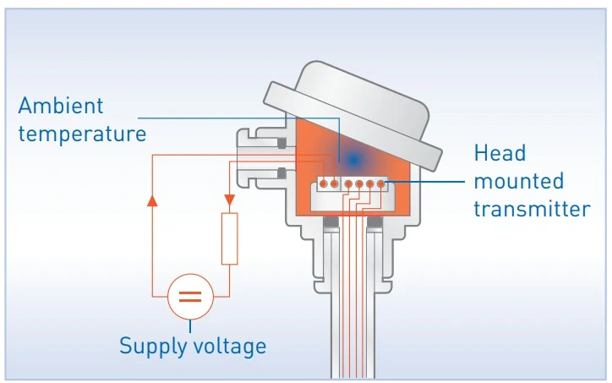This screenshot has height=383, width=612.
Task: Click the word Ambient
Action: pyautogui.click(x=61, y=107)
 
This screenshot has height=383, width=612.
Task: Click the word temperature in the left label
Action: pyautogui.click(x=82, y=134)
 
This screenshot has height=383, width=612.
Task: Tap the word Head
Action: pyautogui.click(x=500, y=153)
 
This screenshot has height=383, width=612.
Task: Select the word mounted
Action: pyautogui.click(x=518, y=181)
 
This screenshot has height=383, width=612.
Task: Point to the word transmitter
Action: pyautogui.click(x=531, y=208)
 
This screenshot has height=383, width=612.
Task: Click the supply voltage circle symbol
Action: pyautogui.click(x=189, y=297)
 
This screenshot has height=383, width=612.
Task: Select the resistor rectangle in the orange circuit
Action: pyautogui.click(x=229, y=239)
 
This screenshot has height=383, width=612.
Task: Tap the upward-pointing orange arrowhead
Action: pyautogui.click(x=151, y=201)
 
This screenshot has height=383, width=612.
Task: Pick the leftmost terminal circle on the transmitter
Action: pyautogui.click(x=323, y=183)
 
